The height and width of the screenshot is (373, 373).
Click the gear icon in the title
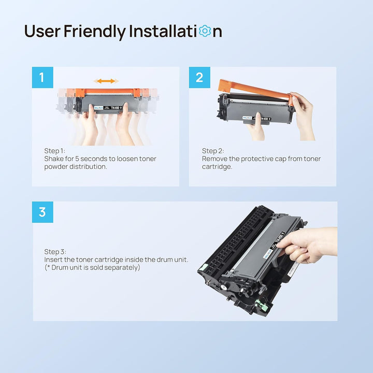(x=205, y=31)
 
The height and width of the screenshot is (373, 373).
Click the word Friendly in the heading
(x=95, y=31)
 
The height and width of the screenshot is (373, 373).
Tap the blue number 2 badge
(x=199, y=78)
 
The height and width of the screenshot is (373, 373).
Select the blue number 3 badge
(x=42, y=212)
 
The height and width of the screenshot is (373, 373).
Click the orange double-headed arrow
(x=106, y=81)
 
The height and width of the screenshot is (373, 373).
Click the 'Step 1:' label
(x=55, y=151)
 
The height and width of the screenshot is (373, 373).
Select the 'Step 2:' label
(x=213, y=151)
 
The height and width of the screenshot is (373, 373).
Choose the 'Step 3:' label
(x=55, y=251)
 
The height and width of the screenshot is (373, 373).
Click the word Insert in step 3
(x=53, y=260)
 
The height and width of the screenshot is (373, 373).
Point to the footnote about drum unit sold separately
(x=92, y=268)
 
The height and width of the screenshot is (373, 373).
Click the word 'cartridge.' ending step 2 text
(x=217, y=167)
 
